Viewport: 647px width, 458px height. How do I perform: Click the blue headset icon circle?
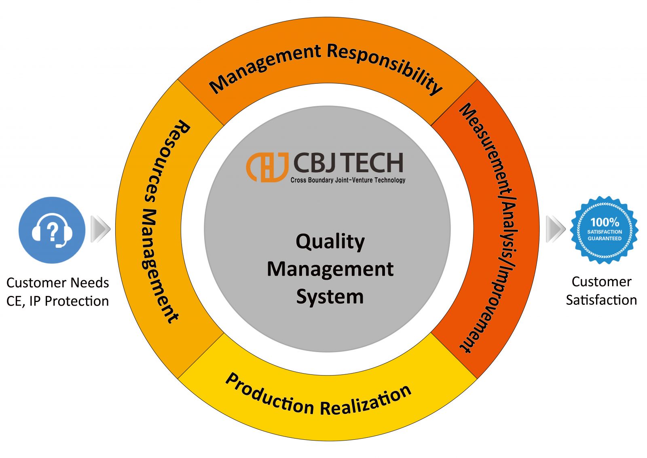tap(52, 230)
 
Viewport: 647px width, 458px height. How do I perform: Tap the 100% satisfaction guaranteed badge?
tap(604, 230)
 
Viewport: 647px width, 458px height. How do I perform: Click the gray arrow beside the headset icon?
tap(100, 229)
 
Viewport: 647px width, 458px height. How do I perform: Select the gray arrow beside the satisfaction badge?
tap(555, 229)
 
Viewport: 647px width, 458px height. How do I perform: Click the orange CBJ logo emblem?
tap(267, 167)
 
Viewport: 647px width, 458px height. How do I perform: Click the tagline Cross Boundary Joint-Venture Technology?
tap(348, 180)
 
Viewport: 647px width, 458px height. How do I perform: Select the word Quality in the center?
tap(330, 242)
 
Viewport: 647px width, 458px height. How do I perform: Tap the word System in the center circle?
tap(330, 297)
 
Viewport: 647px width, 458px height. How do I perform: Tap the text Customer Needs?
tap(57, 283)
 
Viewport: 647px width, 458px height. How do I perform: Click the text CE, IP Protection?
tap(57, 301)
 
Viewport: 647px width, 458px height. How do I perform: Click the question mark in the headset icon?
tap(52, 231)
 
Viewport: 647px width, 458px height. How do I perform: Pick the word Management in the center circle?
tap(330, 269)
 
